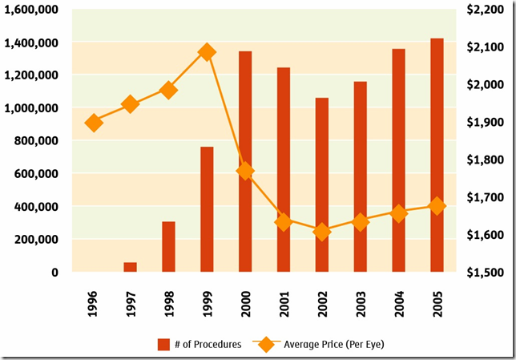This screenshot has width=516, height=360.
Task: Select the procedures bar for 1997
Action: tap(130, 267)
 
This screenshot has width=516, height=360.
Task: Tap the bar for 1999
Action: tap(207, 209)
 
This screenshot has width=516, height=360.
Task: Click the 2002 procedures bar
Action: tap(321, 184)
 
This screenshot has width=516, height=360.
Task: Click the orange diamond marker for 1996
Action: tap(94, 123)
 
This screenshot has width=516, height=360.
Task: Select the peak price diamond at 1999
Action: tap(207, 52)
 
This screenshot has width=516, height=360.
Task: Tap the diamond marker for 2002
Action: tap(321, 233)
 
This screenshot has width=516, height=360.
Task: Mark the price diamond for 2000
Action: tap(245, 171)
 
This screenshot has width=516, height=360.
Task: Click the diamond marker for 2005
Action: tap(437, 206)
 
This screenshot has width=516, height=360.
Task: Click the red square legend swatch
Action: tap(163, 345)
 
